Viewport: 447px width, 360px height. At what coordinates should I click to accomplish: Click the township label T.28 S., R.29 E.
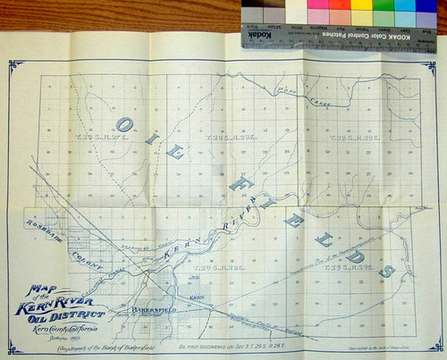(x=346, y=140)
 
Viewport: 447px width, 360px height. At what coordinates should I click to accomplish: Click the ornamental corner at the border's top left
(x=15, y=66)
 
